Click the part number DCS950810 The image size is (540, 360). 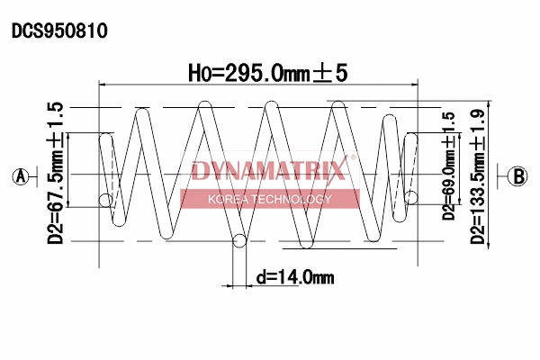[59, 31]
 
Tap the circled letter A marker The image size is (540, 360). [21, 176]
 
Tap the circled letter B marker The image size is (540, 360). [517, 176]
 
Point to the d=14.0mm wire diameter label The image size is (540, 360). [294, 277]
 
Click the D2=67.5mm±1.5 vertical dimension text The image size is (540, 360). [56, 173]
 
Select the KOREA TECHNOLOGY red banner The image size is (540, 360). [270, 199]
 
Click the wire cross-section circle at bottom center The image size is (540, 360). [239, 240]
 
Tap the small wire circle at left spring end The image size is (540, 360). [106, 199]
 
